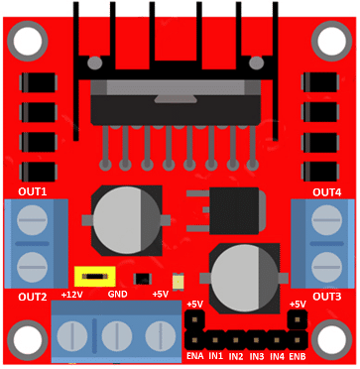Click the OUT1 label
(x=32, y=189)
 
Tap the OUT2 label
(x=32, y=296)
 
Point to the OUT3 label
(x=326, y=296)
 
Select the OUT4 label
(x=326, y=190)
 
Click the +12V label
(x=72, y=295)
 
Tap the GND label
(x=117, y=295)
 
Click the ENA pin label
(x=194, y=355)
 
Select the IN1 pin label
(x=216, y=355)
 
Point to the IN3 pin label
(x=256, y=355)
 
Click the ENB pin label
(x=297, y=355)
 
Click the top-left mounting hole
(x=28, y=41)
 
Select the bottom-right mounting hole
(x=330, y=340)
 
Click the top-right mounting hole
(x=330, y=41)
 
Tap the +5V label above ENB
(x=297, y=304)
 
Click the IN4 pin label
(x=276, y=355)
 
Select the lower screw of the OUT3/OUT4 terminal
(x=325, y=265)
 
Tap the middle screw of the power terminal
(x=117, y=336)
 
